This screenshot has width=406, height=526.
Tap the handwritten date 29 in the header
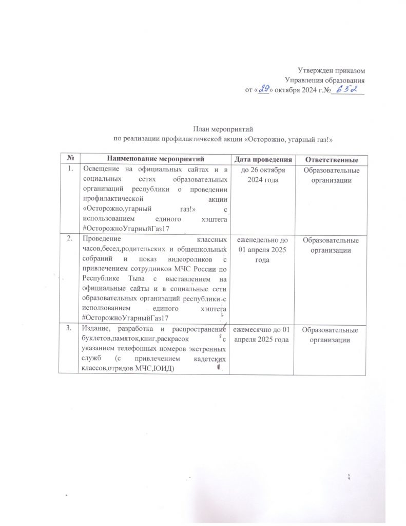pos(264,90)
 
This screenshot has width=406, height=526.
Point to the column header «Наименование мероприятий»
pos(156,159)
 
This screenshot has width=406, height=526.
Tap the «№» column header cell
pos(69,159)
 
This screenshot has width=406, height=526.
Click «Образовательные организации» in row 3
pos(330,334)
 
